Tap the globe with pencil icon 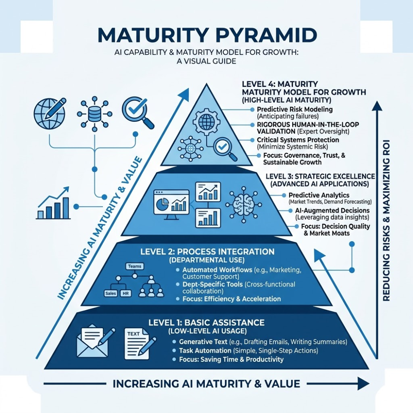click(x=50, y=113)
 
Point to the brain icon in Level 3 click(x=244, y=204)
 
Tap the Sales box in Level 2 click(x=111, y=293)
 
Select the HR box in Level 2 click(x=126, y=293)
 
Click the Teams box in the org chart click(x=135, y=266)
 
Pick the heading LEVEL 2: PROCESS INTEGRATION click(x=207, y=252)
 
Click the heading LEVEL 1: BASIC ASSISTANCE click(x=206, y=323)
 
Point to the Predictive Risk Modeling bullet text click(x=295, y=109)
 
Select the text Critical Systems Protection click(x=298, y=140)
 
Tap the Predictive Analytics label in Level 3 click(x=319, y=195)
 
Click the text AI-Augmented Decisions click(x=332, y=211)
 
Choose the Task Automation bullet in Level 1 click(x=205, y=351)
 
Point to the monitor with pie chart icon click(x=171, y=205)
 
